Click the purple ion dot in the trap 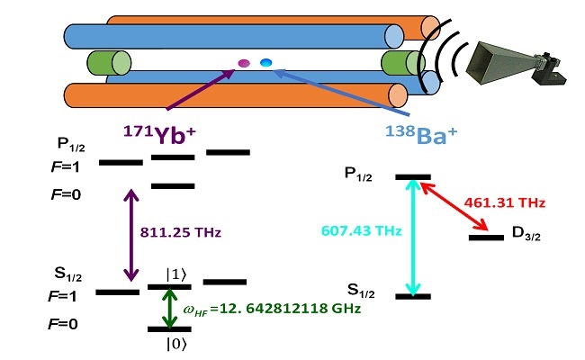tap(243, 64)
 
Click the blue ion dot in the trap tap(266, 62)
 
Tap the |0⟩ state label tap(170, 343)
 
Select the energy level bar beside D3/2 tap(486, 238)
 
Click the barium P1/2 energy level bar tap(413, 177)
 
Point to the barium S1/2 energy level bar tap(413, 296)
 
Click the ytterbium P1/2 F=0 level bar tap(172, 186)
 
